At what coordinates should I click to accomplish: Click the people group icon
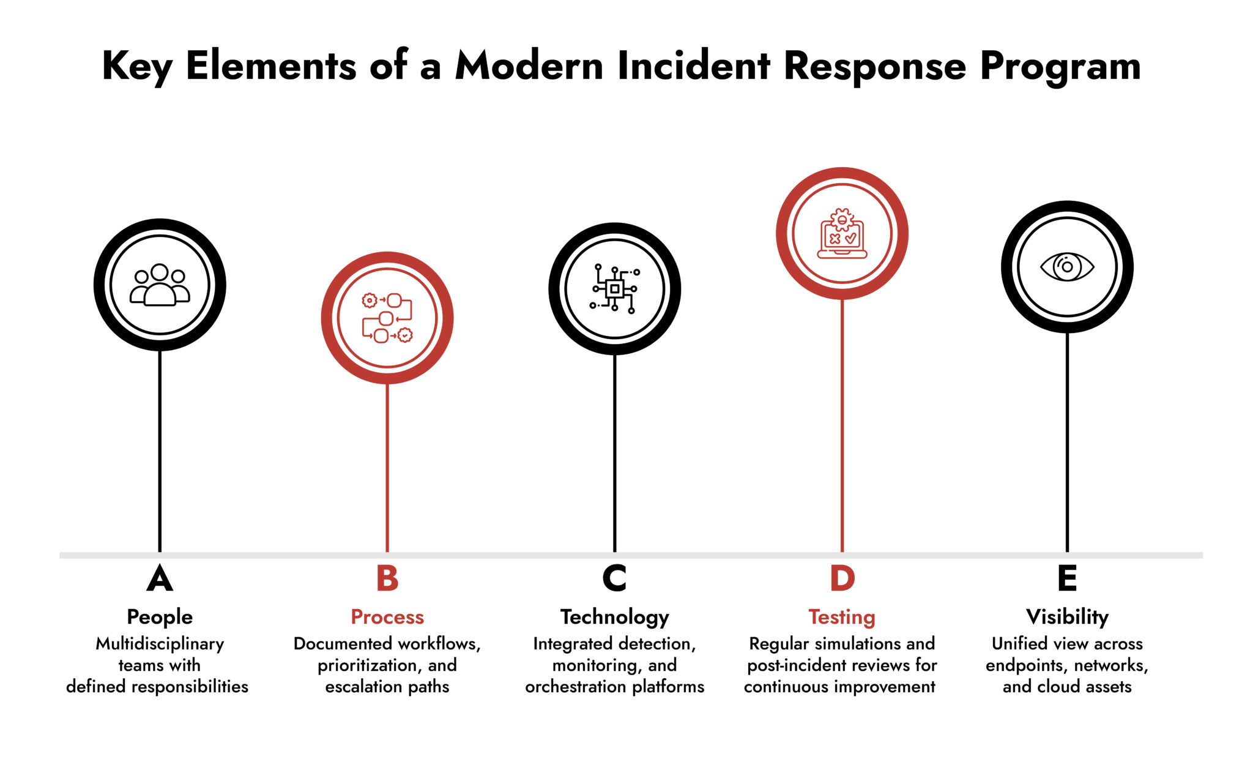pyautogui.click(x=160, y=285)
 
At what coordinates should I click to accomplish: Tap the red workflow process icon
pyautogui.click(x=387, y=318)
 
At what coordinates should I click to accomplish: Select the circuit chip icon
pyautogui.click(x=614, y=289)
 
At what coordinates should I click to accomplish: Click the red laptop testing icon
pyautogui.click(x=842, y=233)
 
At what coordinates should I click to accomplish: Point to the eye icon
pyautogui.click(x=1067, y=267)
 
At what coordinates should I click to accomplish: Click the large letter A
pyautogui.click(x=160, y=578)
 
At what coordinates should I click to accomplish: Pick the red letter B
pyautogui.click(x=387, y=578)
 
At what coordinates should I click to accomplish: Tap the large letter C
pyautogui.click(x=614, y=578)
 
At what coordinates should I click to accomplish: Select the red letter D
pyautogui.click(x=842, y=578)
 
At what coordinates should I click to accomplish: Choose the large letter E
pyautogui.click(x=1067, y=578)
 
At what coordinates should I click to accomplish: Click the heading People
pyautogui.click(x=160, y=617)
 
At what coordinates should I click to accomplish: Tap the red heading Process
pyautogui.click(x=387, y=617)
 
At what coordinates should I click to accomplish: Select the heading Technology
pyautogui.click(x=614, y=617)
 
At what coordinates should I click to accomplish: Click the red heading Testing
pyautogui.click(x=842, y=617)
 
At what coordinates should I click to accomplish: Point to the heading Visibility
pyautogui.click(x=1067, y=617)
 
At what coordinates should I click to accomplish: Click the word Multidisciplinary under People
pyautogui.click(x=160, y=644)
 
